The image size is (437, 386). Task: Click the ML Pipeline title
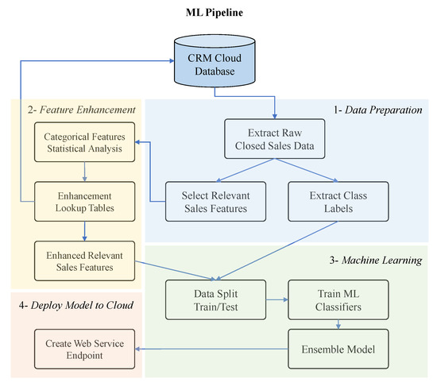click(218, 12)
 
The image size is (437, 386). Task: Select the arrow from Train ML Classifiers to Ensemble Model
click(338, 324)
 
